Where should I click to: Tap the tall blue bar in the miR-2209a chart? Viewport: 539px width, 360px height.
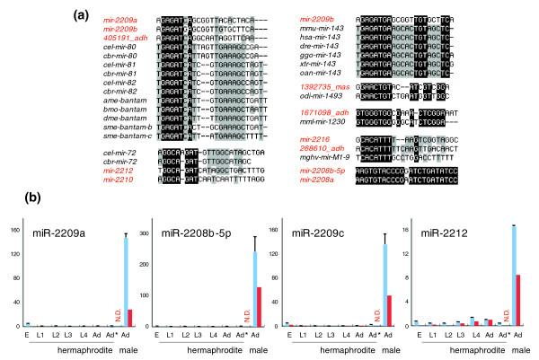pos(127,281)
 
